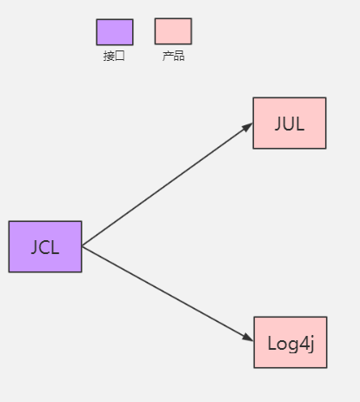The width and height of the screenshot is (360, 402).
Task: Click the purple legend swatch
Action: (x=115, y=32)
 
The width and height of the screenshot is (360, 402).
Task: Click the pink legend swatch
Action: (x=173, y=31)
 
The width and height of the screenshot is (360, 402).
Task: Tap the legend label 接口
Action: (x=114, y=57)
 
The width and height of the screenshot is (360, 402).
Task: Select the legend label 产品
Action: (x=173, y=57)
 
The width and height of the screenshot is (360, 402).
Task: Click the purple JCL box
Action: (x=45, y=246)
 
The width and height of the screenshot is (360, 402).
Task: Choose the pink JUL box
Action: (x=290, y=123)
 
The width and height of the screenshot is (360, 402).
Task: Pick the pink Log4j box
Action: (x=290, y=342)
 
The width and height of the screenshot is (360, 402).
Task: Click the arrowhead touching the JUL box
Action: (x=248, y=127)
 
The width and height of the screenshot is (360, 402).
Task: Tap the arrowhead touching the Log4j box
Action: (x=249, y=338)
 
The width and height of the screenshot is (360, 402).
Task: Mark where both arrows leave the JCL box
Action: (x=82, y=246)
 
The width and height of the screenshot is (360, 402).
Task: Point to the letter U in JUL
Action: (x=290, y=123)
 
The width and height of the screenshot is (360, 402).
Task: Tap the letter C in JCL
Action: (x=44, y=247)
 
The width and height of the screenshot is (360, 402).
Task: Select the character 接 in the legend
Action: (x=109, y=57)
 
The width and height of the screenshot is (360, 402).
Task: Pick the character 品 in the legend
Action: (x=178, y=57)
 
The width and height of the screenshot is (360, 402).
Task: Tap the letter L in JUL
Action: (x=300, y=123)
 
